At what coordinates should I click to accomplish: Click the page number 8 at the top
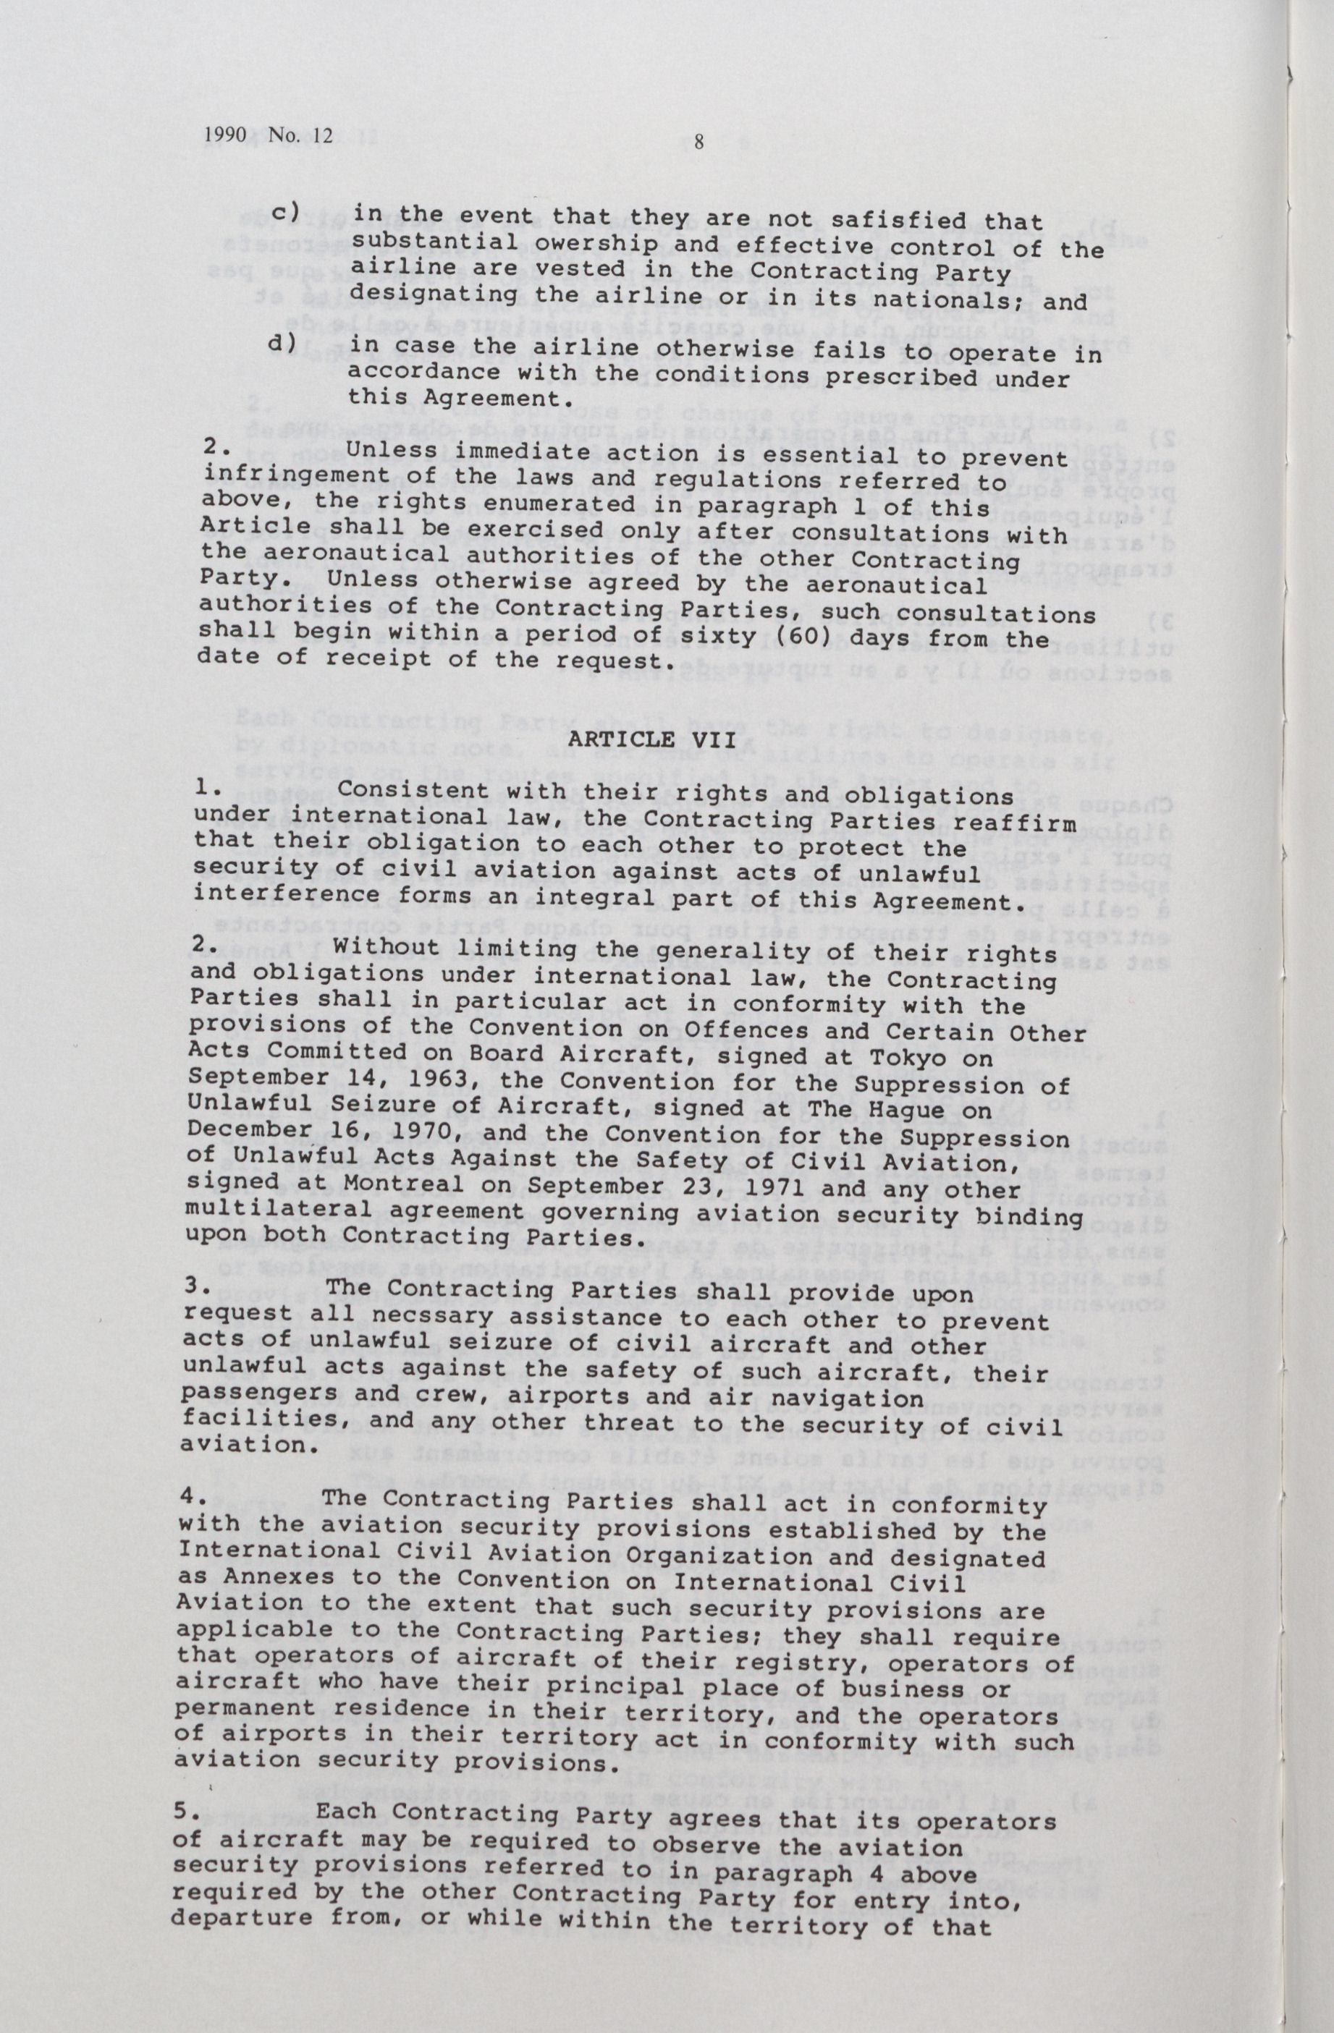(x=698, y=143)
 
